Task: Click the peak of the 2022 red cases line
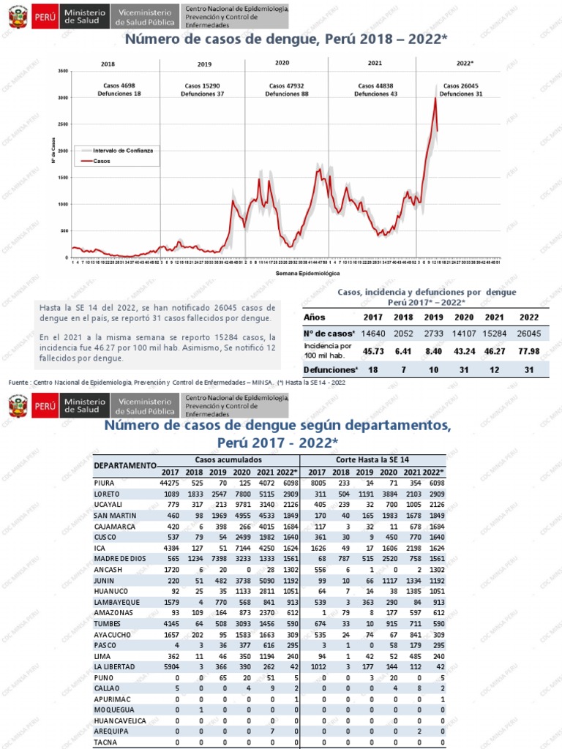[435, 99]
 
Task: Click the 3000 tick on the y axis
[63, 97]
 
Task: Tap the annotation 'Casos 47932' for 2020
[287, 86]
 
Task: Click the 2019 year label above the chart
[204, 64]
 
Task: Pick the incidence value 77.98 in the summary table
[528, 350]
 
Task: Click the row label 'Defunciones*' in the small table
[329, 370]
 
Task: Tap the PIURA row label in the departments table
[105, 483]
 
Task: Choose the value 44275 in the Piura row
[168, 483]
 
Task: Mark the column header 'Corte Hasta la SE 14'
[376, 459]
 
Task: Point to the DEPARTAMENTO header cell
[126, 465]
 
